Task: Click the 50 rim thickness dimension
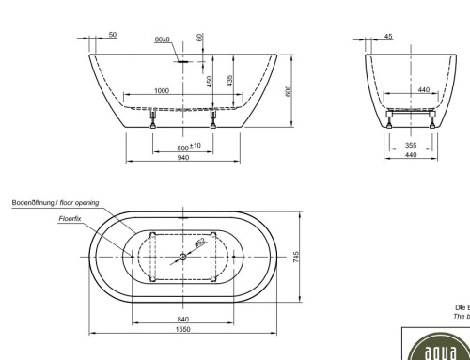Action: point(113,35)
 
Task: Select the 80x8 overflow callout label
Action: point(162,39)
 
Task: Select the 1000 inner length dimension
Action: point(162,91)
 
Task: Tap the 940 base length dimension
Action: point(182,157)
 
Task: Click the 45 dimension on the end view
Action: point(389,37)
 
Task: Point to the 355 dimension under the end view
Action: point(411,145)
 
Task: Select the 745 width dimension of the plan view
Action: point(296,258)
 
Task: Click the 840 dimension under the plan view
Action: point(182,319)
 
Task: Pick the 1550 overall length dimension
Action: point(182,329)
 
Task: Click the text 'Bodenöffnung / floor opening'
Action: point(55,202)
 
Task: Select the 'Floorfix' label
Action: point(70,217)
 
